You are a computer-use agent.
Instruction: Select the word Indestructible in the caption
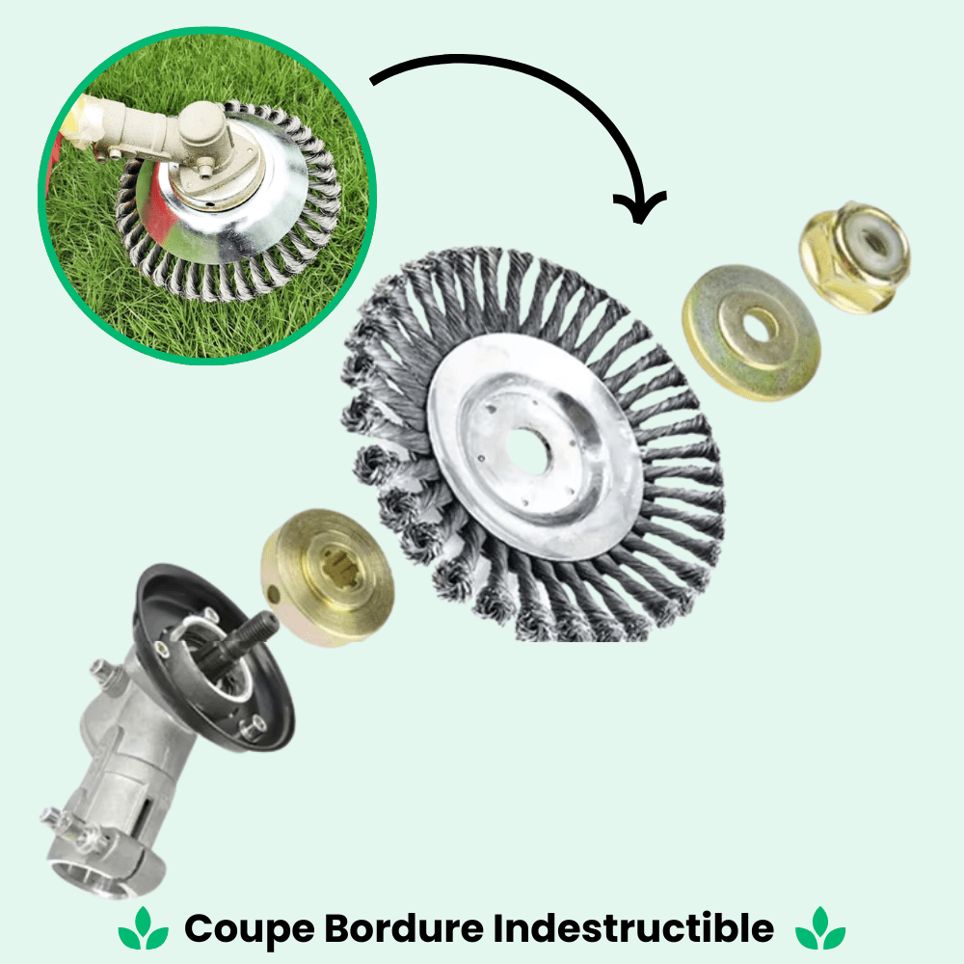coord(633,929)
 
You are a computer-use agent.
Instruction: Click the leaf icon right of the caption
coord(821,929)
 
